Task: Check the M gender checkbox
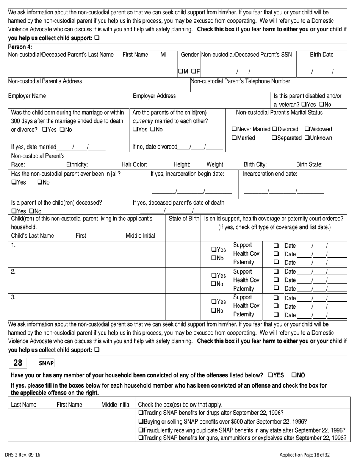180,71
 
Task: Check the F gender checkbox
193,71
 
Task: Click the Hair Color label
134,164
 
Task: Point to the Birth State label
309,164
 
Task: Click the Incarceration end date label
270,174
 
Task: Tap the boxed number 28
18,363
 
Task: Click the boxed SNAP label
47,363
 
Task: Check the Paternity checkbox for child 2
276,288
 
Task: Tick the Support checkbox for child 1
276,245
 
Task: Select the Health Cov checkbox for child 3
276,306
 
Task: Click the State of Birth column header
183,219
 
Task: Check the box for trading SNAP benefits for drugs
141,413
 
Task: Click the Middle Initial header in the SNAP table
116,405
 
